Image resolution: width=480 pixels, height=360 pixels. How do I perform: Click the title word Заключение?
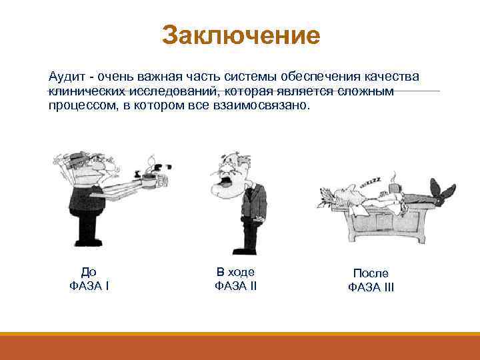pos(241,35)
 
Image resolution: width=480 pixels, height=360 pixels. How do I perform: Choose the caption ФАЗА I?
pos(89,286)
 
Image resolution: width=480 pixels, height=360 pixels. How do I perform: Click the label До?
pos(89,272)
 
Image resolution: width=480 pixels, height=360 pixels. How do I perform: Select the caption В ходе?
pos(235,272)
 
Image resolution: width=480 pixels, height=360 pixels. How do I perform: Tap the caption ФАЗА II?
pos(235,286)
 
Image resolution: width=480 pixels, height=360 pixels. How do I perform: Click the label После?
pos(371,273)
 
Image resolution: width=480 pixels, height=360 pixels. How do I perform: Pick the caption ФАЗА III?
pos(371,287)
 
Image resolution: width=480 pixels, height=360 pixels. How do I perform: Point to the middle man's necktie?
pos(248,201)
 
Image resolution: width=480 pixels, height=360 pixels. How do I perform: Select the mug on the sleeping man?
pos(398,189)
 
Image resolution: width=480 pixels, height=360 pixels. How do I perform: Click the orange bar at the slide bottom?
pos(240,346)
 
